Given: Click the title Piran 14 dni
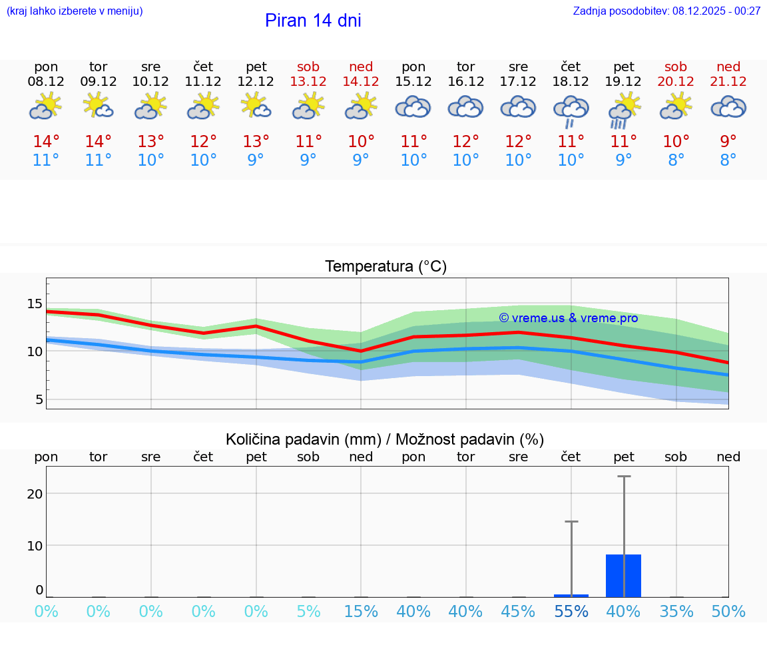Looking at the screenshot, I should [x=313, y=21].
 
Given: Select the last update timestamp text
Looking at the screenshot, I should [x=666, y=11].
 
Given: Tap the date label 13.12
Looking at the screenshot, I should [x=308, y=82].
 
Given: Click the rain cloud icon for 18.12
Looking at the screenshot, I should [x=571, y=110].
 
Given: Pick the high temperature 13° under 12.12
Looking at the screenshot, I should [x=256, y=142].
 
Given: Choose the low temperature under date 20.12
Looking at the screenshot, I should [x=676, y=160].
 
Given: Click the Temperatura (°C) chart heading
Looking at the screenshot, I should [x=385, y=267].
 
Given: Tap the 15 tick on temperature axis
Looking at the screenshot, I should [x=34, y=304].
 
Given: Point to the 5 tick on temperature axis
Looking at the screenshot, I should [x=38, y=399].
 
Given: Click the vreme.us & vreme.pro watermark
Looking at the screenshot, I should [x=568, y=318].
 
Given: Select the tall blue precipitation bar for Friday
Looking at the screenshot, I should [x=623, y=576].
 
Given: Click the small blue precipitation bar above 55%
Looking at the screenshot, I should [x=571, y=595].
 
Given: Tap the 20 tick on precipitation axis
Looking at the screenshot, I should [x=34, y=493].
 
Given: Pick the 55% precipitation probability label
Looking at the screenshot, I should [x=571, y=612].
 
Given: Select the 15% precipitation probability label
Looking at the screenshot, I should [x=361, y=612].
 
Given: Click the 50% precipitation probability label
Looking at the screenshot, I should [x=728, y=612].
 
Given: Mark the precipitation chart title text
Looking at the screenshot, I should [x=385, y=439].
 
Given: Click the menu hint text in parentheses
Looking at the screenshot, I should [x=75, y=11].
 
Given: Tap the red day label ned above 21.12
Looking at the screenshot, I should [x=728, y=67].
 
